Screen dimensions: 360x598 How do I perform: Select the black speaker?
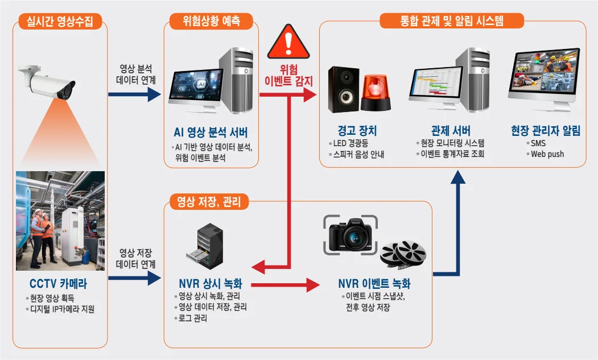(344, 90)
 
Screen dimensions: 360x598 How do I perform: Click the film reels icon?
(403, 254)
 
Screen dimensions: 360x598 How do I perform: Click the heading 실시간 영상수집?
(60, 22)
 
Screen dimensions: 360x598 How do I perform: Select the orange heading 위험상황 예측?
(211, 22)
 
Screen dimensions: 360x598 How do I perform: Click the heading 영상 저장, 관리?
(209, 201)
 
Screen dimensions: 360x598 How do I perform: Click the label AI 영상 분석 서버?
(211, 134)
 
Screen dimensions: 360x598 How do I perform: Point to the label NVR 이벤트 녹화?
(374, 284)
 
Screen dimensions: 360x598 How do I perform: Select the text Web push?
(547, 154)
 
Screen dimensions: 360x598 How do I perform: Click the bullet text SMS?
(538, 143)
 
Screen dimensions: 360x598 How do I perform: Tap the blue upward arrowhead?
(457, 177)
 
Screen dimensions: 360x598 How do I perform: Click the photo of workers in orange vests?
(60, 221)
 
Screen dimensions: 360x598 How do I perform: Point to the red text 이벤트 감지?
(289, 81)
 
